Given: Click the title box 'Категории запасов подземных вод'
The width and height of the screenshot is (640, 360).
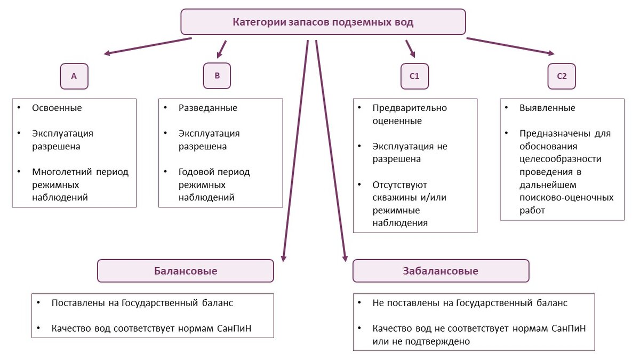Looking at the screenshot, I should pos(323,22).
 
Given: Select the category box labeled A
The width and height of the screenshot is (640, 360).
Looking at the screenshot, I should pos(74,76).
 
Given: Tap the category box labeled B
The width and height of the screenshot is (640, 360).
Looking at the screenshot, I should pos(217,76).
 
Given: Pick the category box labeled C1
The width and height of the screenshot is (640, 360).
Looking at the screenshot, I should pos(414,76).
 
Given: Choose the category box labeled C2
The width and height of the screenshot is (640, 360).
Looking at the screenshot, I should pos(562,76).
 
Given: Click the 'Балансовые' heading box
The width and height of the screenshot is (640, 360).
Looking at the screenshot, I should pos(185,271).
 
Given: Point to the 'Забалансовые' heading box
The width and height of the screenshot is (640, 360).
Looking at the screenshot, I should pos(441,271).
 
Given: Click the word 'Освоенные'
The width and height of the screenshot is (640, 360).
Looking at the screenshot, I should pos(57,108).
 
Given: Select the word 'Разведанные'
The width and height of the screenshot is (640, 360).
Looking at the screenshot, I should pos(208,108).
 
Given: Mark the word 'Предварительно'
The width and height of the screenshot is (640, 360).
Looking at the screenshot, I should pos(410,108).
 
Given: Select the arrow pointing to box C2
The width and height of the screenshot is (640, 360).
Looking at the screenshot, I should pos(510,46).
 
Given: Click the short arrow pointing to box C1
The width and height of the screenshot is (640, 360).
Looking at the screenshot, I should pos(410,49).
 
